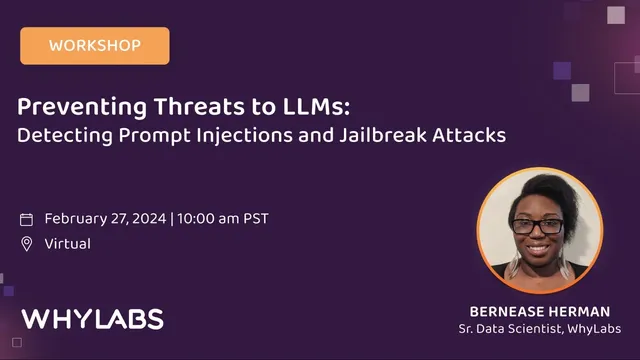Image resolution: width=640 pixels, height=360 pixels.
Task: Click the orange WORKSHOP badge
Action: [x=94, y=45]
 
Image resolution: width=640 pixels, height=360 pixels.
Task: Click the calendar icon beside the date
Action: [x=27, y=219]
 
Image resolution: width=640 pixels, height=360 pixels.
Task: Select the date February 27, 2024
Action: [x=105, y=219]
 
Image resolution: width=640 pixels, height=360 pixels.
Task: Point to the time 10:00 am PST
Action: [x=223, y=219]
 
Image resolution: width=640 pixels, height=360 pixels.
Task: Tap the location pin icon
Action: [x=27, y=244]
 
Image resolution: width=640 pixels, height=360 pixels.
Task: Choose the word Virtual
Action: [x=68, y=244]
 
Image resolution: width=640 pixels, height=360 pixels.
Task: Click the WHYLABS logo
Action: [x=92, y=319]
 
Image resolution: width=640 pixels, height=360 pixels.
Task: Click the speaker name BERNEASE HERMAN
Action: [x=539, y=311]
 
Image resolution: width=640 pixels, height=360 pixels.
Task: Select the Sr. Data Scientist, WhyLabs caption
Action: [x=539, y=329]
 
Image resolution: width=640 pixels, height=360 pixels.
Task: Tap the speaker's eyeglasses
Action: [x=539, y=226]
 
